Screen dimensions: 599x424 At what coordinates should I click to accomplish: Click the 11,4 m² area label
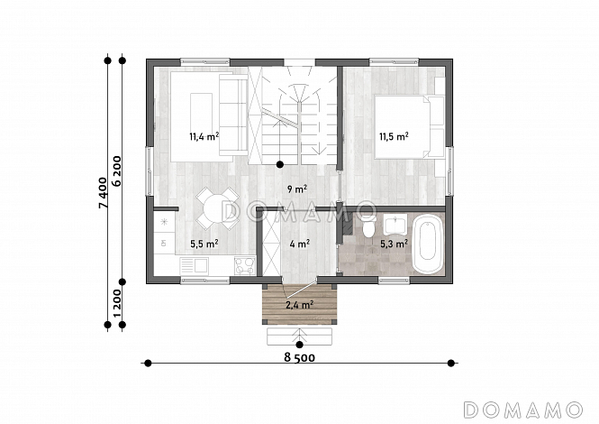pyautogui.click(x=204, y=136)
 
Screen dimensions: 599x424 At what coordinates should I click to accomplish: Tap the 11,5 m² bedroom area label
pyautogui.click(x=394, y=136)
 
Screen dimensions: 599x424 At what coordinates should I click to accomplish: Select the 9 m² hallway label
pyautogui.click(x=297, y=189)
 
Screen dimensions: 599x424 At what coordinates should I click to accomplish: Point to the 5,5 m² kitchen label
pyautogui.click(x=204, y=244)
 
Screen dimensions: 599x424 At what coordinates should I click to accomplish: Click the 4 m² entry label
pyautogui.click(x=299, y=244)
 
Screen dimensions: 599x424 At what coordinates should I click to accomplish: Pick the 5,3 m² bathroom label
pyautogui.click(x=394, y=244)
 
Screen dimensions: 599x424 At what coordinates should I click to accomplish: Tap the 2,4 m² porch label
pyautogui.click(x=300, y=305)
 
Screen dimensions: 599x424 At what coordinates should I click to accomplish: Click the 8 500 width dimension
pyautogui.click(x=299, y=357)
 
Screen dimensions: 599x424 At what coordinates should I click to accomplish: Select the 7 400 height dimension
pyautogui.click(x=104, y=193)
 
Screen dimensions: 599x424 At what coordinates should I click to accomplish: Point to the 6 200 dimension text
pyautogui.click(x=117, y=171)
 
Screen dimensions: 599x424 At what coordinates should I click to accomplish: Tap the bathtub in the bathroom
pyautogui.click(x=428, y=244)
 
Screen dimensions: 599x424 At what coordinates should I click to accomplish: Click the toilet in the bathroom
pyautogui.click(x=368, y=226)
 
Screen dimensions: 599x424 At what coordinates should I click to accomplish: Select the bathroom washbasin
pyautogui.click(x=395, y=225)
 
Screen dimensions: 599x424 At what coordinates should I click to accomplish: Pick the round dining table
pyautogui.click(x=217, y=209)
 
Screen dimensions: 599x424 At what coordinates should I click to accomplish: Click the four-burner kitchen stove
pyautogui.click(x=244, y=265)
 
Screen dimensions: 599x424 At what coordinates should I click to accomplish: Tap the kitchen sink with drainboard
pyautogui.click(x=195, y=265)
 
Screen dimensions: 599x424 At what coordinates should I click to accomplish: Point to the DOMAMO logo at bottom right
pyautogui.click(x=523, y=410)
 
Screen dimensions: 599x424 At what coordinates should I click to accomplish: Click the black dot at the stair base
pyautogui.click(x=280, y=164)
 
